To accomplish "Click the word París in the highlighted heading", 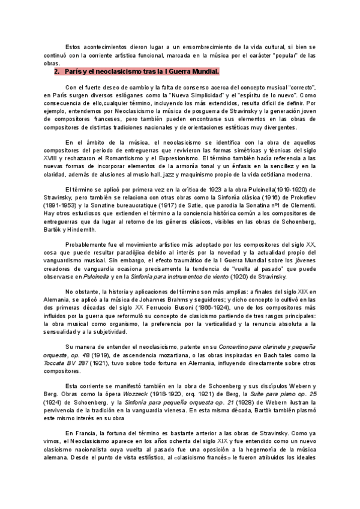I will click(74, 71).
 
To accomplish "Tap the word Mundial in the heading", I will click(202, 71).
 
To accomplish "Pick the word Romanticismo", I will click(157, 157).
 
